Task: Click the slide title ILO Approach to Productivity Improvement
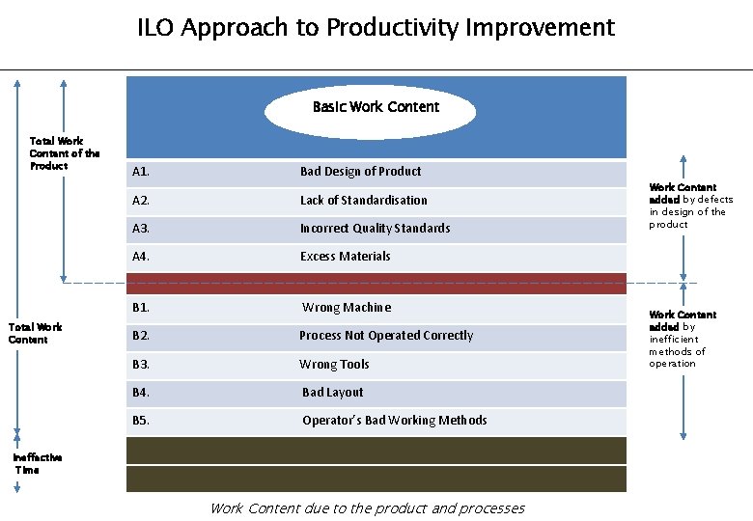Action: pyautogui.click(x=376, y=28)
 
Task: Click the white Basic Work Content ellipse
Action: pyautogui.click(x=371, y=107)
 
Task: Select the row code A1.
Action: pyautogui.click(x=141, y=172)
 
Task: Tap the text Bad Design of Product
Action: pyautogui.click(x=360, y=172)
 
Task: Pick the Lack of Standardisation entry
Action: pyautogui.click(x=363, y=201)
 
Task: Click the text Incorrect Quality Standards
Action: pyautogui.click(x=375, y=229)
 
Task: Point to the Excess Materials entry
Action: pyautogui.click(x=345, y=257)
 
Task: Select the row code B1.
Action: pyautogui.click(x=141, y=308)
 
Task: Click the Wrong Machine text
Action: pyautogui.click(x=347, y=308)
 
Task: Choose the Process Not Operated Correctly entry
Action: pyautogui.click(x=386, y=336)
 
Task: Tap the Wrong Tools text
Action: pyautogui.click(x=334, y=365)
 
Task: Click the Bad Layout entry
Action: pyautogui.click(x=333, y=393)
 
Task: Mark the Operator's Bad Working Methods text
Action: pyautogui.click(x=395, y=421)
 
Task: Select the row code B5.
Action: pyautogui.click(x=141, y=421)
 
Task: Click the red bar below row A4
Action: pyautogui.click(x=376, y=283)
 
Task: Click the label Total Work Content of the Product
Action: pyautogui.click(x=64, y=153)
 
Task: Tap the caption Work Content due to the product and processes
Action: pyautogui.click(x=367, y=508)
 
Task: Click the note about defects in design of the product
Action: pyautogui.click(x=690, y=206)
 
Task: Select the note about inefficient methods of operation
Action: pyautogui.click(x=683, y=339)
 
